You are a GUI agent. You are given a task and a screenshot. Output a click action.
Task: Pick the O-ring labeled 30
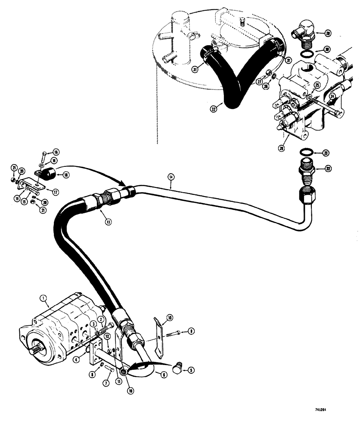coord(307,55)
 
